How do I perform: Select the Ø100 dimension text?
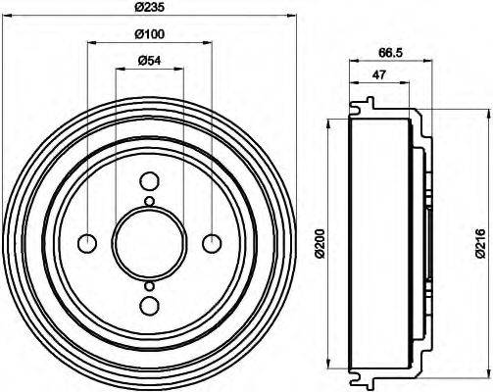coord(148,35)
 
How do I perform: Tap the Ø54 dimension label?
coord(148,61)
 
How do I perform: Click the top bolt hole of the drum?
coord(149,181)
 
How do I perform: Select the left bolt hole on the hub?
coord(87,243)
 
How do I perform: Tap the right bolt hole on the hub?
coord(211,243)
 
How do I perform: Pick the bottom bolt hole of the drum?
coord(149,305)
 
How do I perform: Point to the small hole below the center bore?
coord(149,285)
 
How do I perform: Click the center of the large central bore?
coord(149,243)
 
